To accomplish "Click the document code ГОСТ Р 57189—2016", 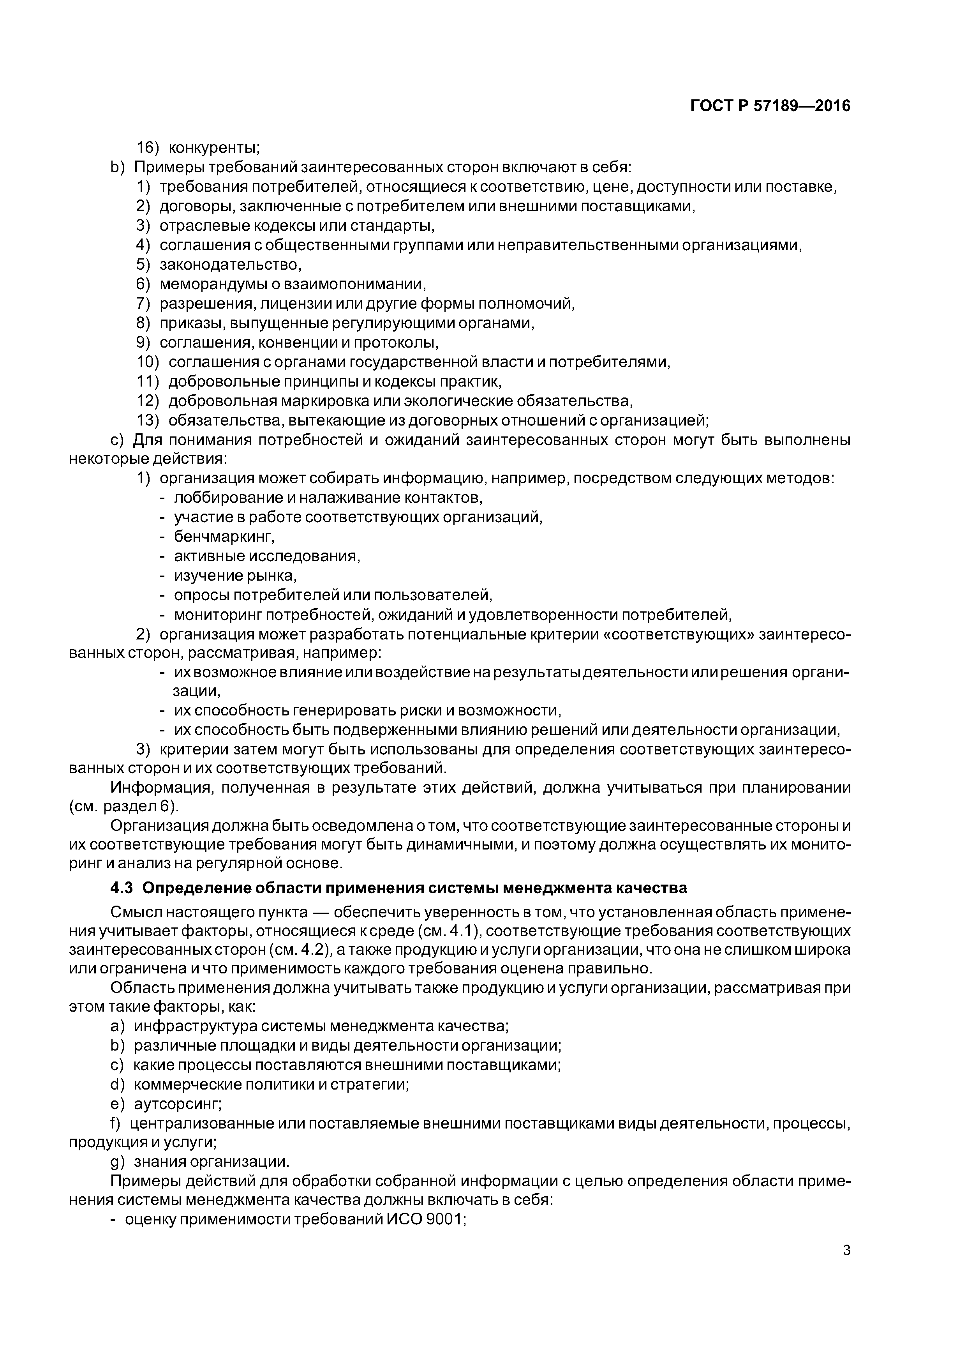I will coord(770,106).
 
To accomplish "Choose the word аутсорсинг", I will coord(177,1104).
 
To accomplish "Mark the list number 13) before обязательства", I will coord(148,421).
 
